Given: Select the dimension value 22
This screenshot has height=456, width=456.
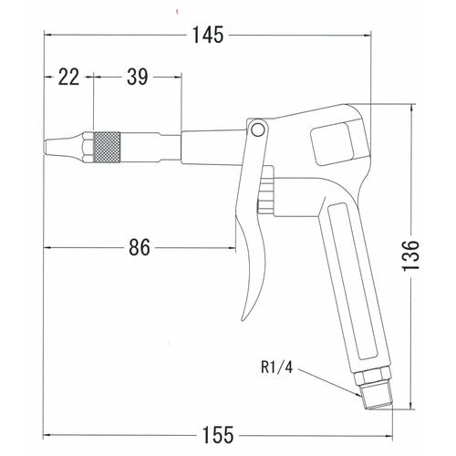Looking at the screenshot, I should point(69,78).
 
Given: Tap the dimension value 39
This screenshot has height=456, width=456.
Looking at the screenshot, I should point(137,78).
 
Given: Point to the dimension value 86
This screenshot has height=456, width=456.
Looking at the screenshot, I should point(139,245).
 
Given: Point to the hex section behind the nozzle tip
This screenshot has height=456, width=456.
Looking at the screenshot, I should point(86,145).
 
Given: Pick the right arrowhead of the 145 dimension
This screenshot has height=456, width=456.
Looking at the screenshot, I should point(369,36).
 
